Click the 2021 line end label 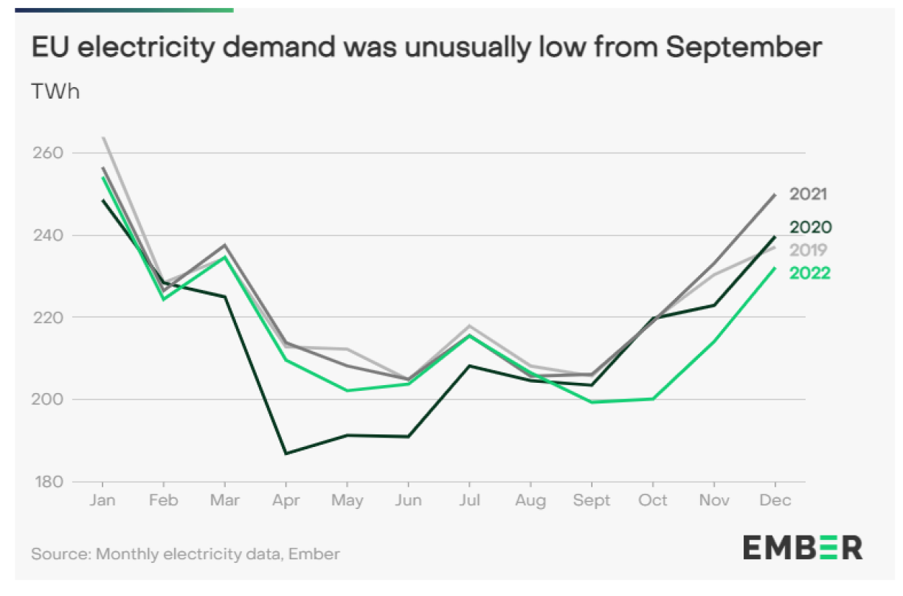pos(808,195)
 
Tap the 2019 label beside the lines pos(809,250)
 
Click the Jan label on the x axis pos(102,501)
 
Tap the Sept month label pos(592,501)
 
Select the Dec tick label pos(775,501)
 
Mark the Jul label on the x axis pos(469,501)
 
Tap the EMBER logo pos(802,548)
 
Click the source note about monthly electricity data pos(185,553)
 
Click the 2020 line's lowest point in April pos(286,454)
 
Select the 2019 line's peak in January pos(103,137)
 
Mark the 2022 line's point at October pos(654,399)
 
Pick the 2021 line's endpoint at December pos(775,195)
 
